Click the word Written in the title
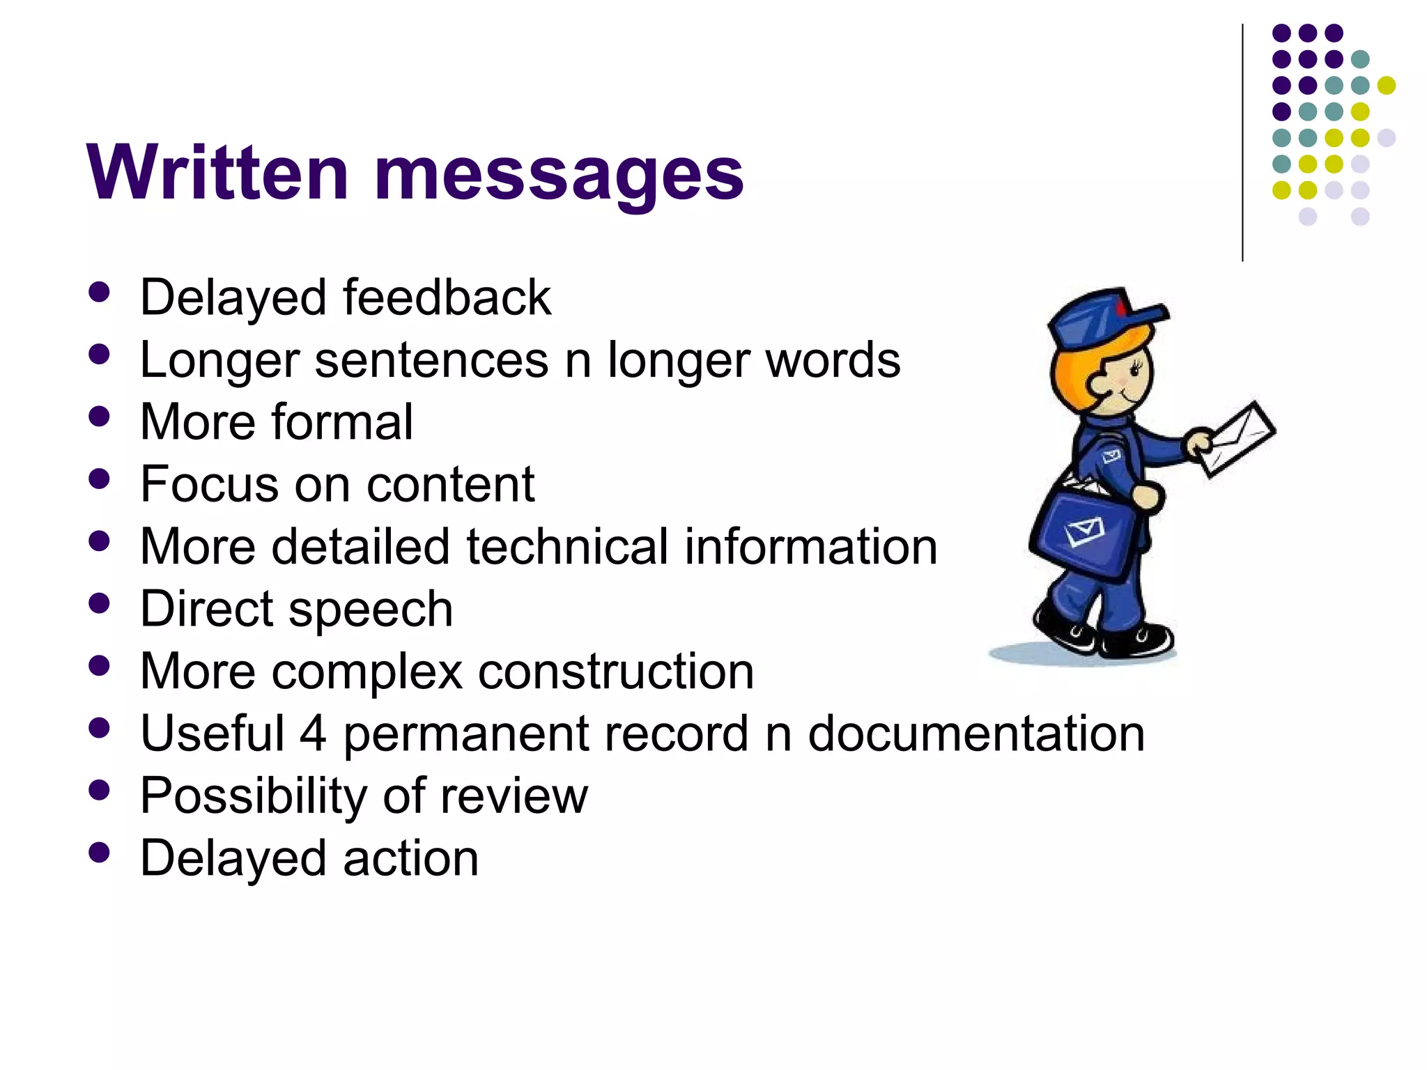[x=217, y=173]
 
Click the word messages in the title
[x=559, y=174]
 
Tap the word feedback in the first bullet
[x=447, y=298]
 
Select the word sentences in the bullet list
[x=431, y=360]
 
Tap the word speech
[x=371, y=610]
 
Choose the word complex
[x=367, y=672]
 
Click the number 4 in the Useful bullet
[x=313, y=734]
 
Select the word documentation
[x=976, y=734]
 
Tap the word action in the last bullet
[x=410, y=858]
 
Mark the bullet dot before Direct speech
[x=100, y=603]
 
